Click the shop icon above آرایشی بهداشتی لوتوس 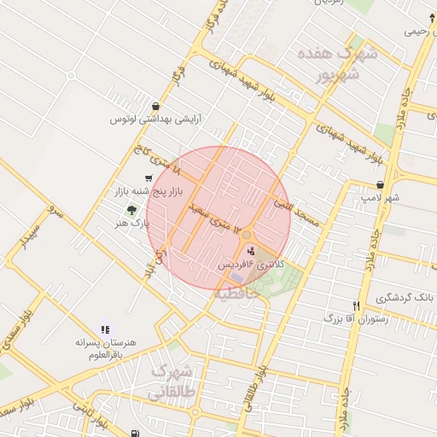154,106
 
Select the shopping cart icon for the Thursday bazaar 149,178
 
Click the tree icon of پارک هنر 131,209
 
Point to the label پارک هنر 132,224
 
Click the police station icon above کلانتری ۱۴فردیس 249,251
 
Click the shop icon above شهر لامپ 379,184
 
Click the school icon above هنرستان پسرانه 105,329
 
